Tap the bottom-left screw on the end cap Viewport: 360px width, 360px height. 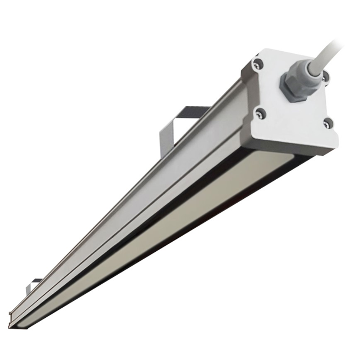pyautogui.click(x=260, y=113)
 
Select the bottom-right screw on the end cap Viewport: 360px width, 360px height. pyautogui.click(x=327, y=123)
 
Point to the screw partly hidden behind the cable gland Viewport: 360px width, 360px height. pyautogui.click(x=325, y=78)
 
